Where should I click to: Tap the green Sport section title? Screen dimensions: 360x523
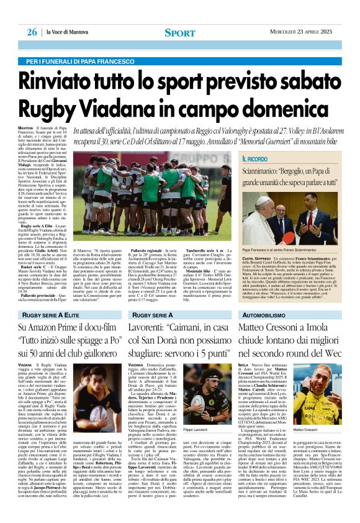click(180, 32)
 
